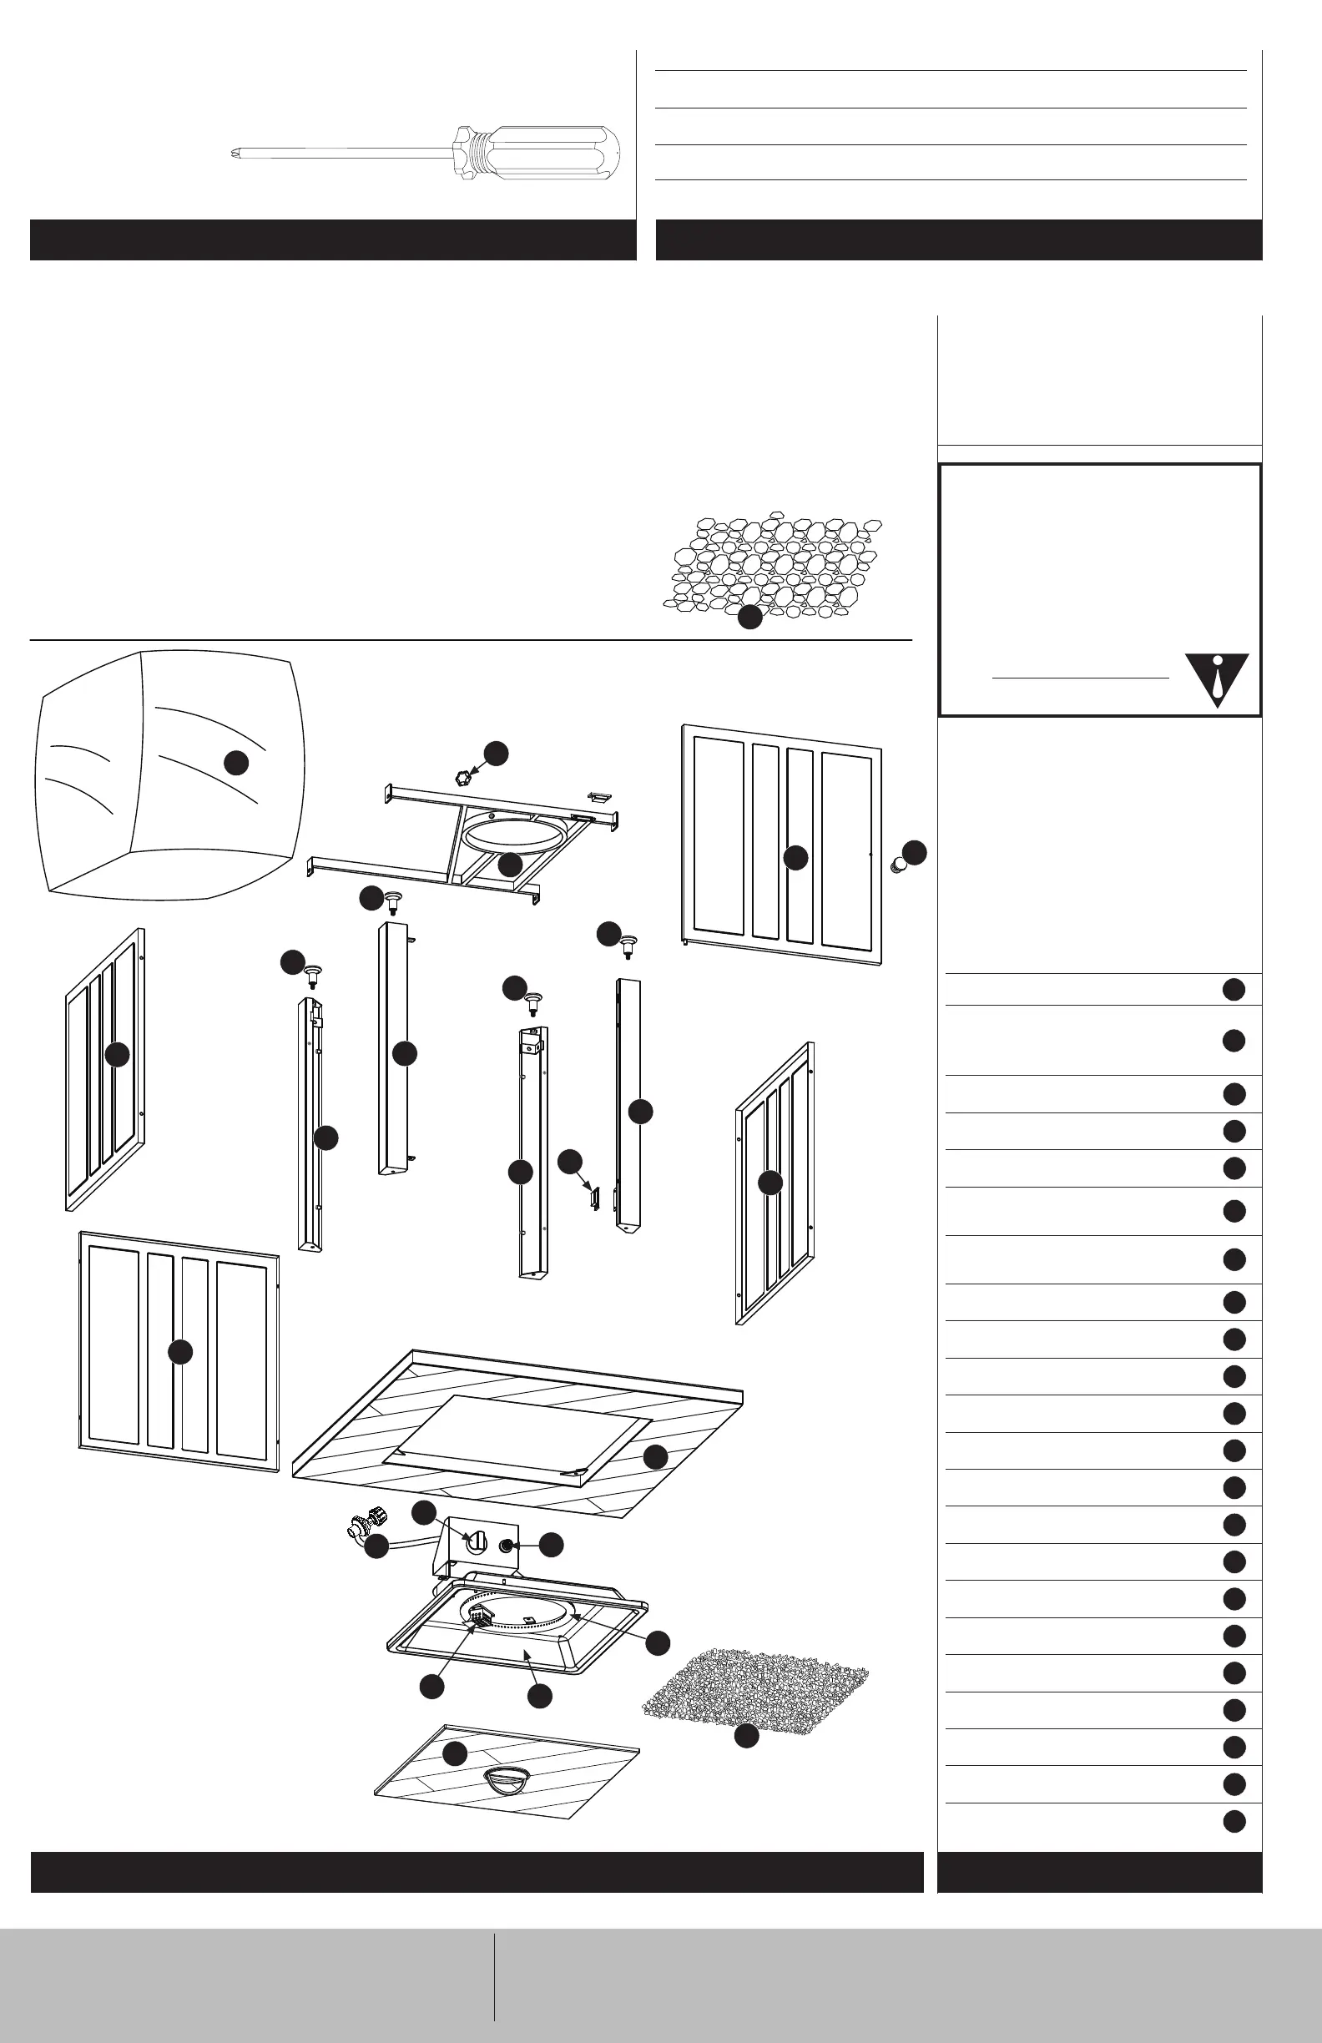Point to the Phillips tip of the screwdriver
pyautogui.click(x=236, y=154)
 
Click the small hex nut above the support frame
pyautogui.click(x=464, y=778)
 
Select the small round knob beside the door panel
pyautogui.click(x=898, y=864)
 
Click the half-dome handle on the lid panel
pyautogui.click(x=508, y=1778)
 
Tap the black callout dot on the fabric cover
pyautogui.click(x=236, y=762)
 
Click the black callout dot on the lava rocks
pyautogui.click(x=750, y=618)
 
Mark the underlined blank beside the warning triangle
pyautogui.click(x=1080, y=678)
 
